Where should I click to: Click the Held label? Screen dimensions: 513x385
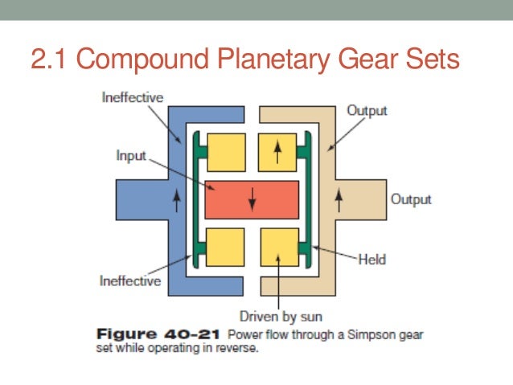coord(372,259)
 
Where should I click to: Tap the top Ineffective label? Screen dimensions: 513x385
coord(133,98)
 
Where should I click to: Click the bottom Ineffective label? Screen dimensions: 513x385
coord(130,281)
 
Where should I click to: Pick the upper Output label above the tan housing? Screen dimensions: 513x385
coord(367,110)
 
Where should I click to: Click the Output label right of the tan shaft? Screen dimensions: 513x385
coord(411,199)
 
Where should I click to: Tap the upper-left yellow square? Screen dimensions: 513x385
coord(226,152)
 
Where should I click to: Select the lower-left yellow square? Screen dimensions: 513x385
coord(226,248)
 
